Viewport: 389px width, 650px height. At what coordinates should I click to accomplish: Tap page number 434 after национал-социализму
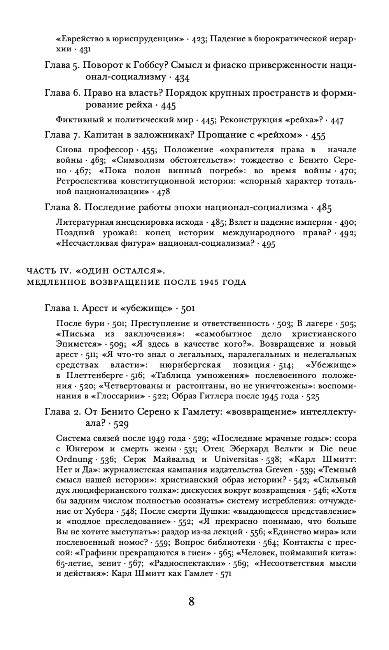(x=182, y=78)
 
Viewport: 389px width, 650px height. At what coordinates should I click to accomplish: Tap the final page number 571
(x=226, y=574)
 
